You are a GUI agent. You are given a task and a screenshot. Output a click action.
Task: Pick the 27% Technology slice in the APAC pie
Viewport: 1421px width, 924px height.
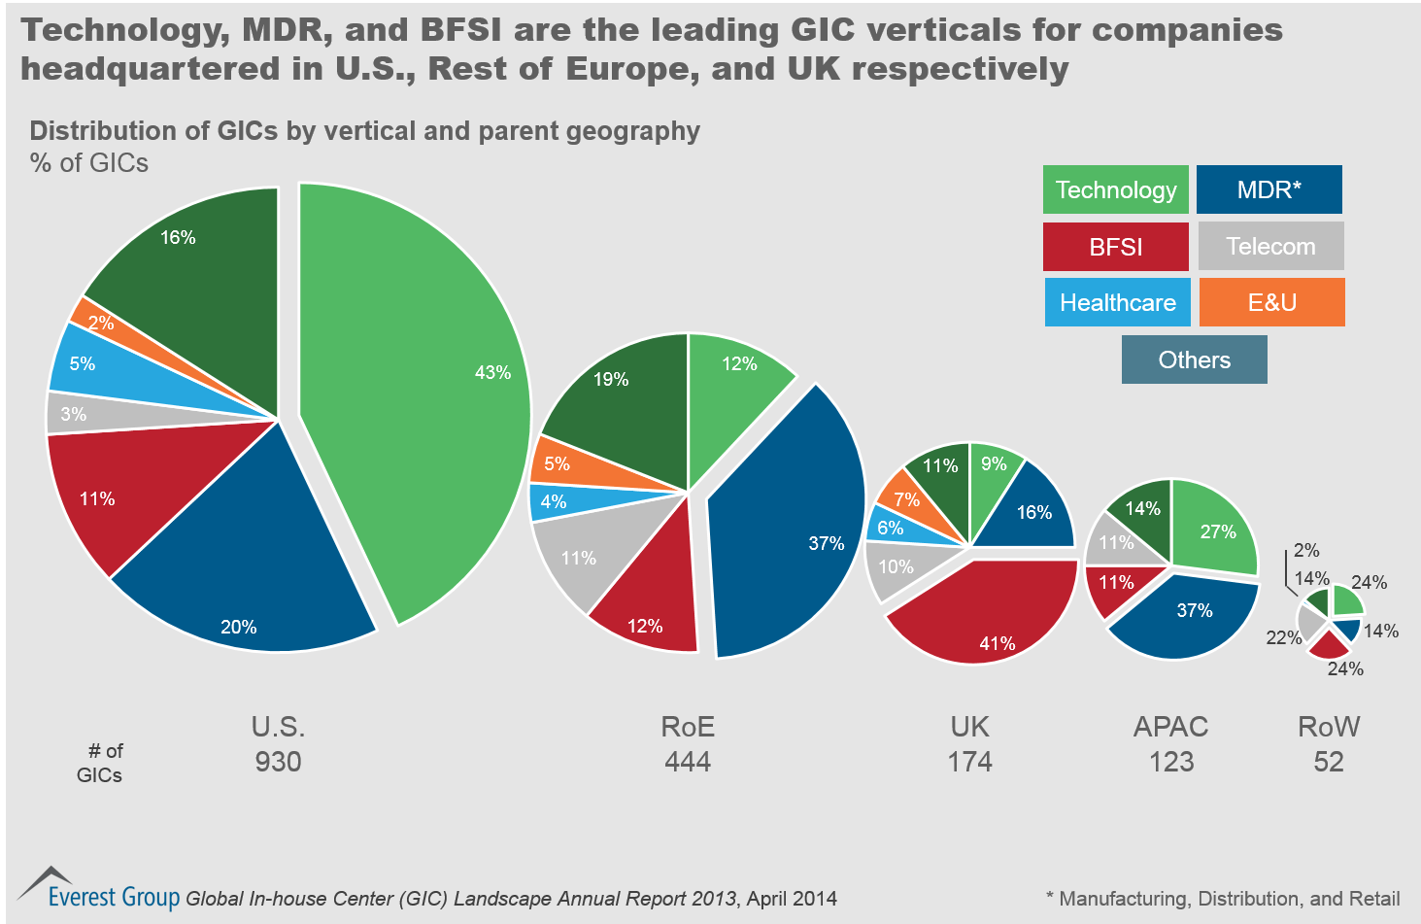click(1214, 525)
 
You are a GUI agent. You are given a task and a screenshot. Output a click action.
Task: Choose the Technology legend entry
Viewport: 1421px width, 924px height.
click(1115, 189)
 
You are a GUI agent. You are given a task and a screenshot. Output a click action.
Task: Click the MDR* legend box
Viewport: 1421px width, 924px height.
click(1269, 189)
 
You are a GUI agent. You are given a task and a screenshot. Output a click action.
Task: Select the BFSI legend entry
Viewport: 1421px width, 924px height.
click(1115, 247)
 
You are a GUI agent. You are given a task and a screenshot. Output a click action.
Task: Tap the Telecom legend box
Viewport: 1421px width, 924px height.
click(1270, 246)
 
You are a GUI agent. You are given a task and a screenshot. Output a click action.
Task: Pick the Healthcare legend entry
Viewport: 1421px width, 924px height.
click(1117, 302)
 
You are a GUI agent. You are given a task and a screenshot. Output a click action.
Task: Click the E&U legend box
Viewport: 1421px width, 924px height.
click(1271, 302)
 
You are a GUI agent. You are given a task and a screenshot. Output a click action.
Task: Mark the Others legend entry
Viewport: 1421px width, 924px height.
click(1194, 359)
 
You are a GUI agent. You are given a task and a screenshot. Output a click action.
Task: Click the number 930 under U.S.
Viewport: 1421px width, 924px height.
click(278, 761)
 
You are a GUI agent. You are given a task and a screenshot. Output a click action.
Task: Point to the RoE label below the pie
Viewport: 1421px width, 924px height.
click(688, 727)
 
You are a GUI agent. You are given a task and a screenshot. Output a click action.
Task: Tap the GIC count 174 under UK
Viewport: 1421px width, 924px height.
click(969, 761)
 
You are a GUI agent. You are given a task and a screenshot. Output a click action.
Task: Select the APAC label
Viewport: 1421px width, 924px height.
click(1170, 727)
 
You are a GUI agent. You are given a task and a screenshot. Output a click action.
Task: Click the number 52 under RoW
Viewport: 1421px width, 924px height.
click(1328, 761)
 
